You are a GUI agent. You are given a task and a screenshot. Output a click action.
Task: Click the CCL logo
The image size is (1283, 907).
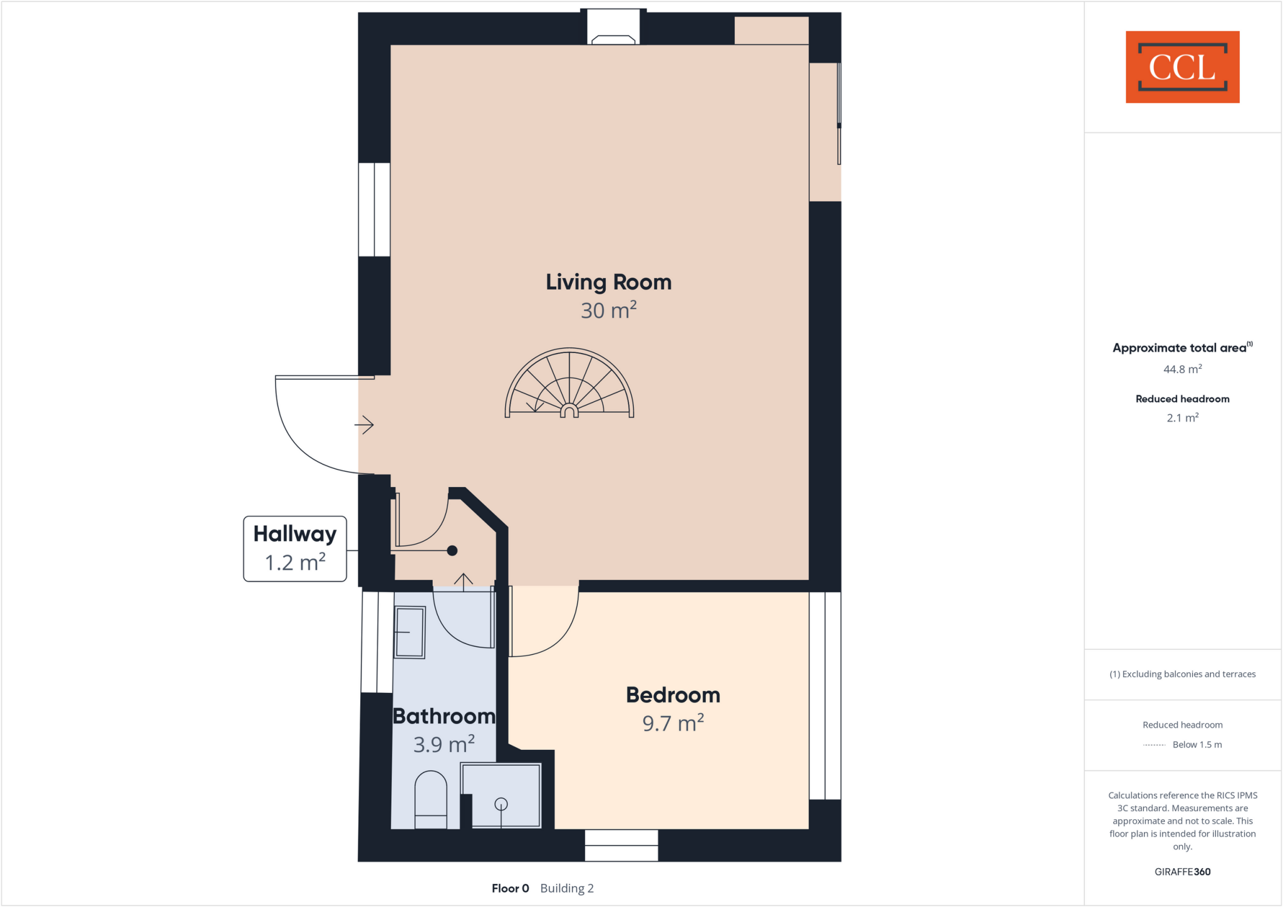[1182, 67]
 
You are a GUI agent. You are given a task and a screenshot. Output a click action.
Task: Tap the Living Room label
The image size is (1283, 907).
[608, 282]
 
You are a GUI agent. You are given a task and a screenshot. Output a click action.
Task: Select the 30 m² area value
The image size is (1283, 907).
[608, 310]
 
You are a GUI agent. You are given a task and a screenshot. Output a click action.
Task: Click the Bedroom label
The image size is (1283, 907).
[673, 695]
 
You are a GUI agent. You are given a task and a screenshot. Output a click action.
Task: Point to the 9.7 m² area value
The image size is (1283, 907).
[673, 724]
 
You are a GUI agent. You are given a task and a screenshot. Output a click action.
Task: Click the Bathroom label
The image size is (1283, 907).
[444, 716]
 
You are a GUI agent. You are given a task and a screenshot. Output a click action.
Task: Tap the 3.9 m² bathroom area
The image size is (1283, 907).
[444, 745]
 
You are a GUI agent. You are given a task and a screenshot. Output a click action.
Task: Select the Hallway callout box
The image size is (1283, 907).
[295, 549]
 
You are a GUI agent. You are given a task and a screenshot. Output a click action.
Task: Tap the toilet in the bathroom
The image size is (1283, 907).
[431, 800]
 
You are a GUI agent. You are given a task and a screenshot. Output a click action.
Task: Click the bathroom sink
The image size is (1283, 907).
[410, 632]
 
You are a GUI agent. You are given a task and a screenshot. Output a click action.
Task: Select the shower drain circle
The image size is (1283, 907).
[501, 804]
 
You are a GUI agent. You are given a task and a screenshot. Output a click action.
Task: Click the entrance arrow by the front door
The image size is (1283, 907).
[365, 425]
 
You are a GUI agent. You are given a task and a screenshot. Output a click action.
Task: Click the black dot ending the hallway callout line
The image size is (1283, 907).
[452, 551]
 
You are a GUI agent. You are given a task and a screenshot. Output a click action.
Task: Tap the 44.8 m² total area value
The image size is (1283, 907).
[1182, 369]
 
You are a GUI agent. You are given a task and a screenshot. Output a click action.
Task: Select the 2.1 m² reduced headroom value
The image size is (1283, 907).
[1182, 418]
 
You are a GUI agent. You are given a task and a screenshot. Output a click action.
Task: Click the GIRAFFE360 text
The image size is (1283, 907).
[1182, 872]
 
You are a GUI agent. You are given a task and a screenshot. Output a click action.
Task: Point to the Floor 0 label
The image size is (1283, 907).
[510, 888]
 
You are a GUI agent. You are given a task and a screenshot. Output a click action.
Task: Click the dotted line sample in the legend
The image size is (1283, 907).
[1154, 745]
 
